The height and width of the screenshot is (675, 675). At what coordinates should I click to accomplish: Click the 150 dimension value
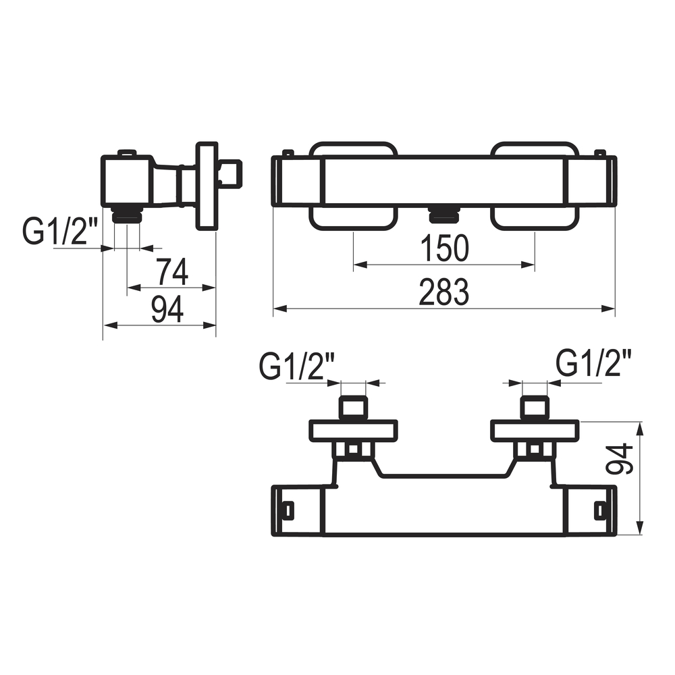click(x=444, y=248)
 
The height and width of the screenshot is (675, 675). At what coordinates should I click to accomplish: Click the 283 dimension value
click(x=444, y=292)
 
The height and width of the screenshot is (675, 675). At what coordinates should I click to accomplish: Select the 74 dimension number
click(x=171, y=272)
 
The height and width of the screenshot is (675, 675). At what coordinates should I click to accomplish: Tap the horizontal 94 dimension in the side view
click(x=167, y=310)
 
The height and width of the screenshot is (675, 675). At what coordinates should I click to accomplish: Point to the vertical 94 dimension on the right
click(x=618, y=459)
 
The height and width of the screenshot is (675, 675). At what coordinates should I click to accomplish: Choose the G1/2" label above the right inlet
click(x=594, y=363)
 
